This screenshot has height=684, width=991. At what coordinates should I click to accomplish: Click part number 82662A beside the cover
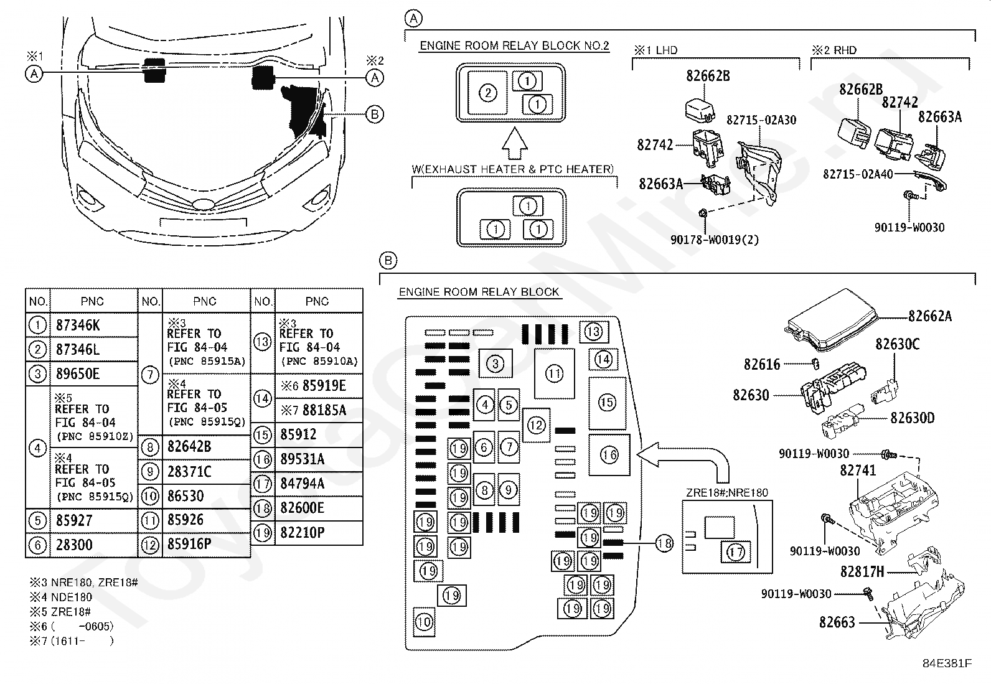coord(929,316)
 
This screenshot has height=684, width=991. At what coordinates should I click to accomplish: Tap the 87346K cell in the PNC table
coord(77,325)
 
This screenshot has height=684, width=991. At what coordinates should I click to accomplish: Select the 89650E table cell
coord(77,373)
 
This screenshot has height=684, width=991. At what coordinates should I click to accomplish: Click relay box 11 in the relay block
coord(554,373)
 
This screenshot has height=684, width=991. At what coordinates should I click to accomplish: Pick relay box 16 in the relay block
coord(609,455)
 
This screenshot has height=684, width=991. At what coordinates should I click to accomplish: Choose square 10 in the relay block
coord(424,621)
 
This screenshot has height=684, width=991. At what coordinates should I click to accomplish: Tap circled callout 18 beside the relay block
coord(664,543)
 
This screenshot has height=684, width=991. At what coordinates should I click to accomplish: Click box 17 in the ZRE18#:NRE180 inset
coord(735,551)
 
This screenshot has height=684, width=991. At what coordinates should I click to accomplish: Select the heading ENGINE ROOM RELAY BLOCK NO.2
coord(514,45)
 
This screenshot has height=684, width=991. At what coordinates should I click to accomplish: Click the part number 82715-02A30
coord(761,119)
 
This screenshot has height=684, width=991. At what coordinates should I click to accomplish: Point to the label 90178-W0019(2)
coord(715,239)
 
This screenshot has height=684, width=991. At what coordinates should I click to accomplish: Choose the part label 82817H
coord(862,571)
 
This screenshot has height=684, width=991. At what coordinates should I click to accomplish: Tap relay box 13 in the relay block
coord(593,331)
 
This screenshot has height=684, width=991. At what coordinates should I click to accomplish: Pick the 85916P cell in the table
coord(189,545)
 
